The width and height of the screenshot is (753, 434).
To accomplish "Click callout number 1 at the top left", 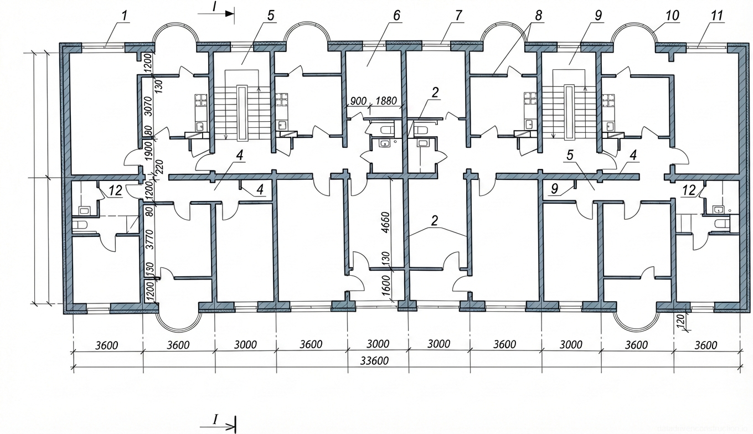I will [x=125, y=15].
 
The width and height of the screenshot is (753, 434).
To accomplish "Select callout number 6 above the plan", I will [x=396, y=15].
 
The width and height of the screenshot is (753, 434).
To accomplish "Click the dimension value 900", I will [x=359, y=101].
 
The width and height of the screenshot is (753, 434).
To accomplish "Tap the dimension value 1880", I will [x=386, y=101].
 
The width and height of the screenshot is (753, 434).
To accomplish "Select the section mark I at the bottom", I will [x=215, y=420].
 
